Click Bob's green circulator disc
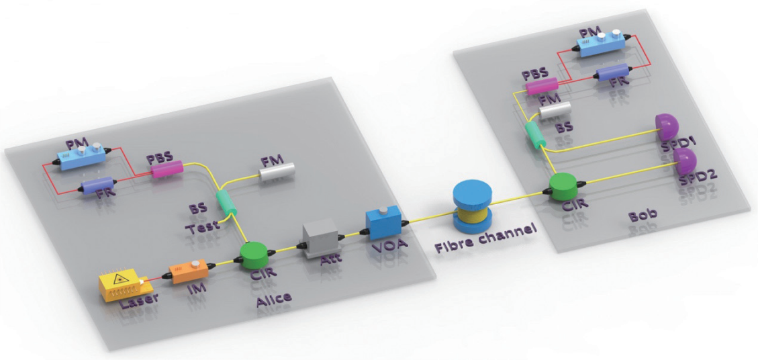click(563, 187)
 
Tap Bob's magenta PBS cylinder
click(542, 86)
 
